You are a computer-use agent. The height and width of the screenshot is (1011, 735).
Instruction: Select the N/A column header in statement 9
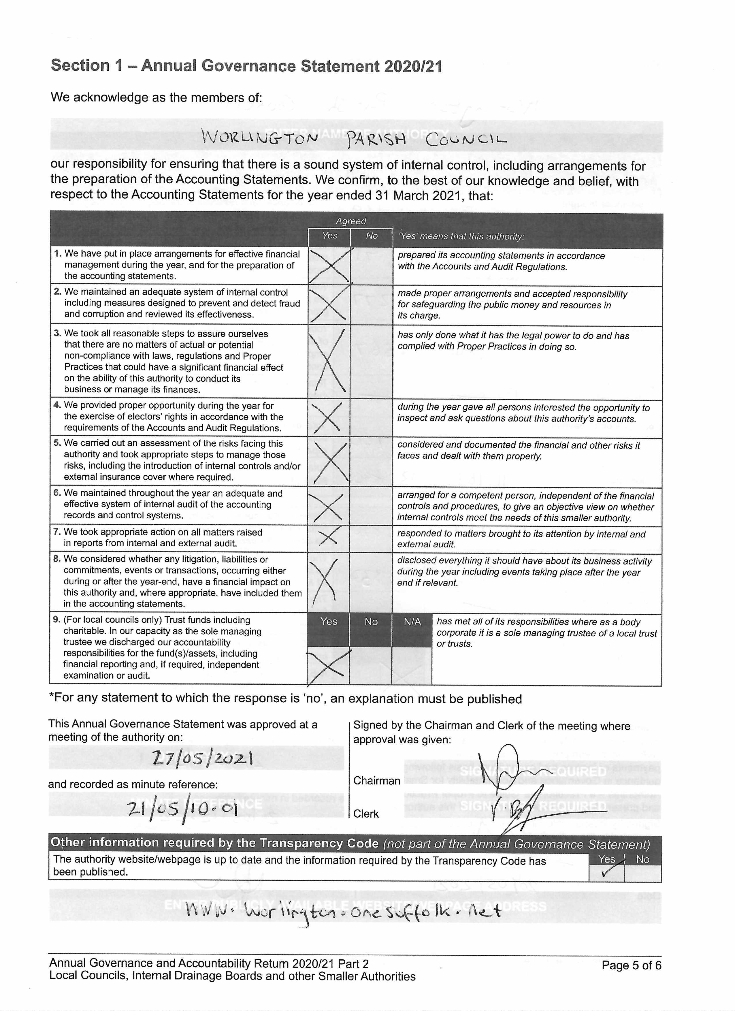coord(412,622)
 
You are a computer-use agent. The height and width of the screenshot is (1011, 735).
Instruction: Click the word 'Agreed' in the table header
coord(351,221)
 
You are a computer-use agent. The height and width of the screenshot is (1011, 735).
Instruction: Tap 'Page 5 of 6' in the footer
coord(631,965)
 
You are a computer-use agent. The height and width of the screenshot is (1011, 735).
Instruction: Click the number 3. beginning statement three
coord(57,334)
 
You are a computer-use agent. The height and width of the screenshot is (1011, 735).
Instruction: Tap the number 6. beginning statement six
coord(57,493)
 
